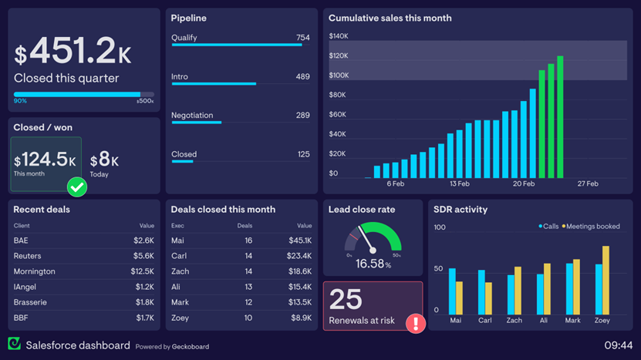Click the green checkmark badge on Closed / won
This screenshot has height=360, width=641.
(x=77, y=187)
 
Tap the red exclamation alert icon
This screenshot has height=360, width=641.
(x=416, y=323)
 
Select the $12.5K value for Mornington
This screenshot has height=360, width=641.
(x=143, y=271)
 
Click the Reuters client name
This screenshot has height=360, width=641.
(x=27, y=256)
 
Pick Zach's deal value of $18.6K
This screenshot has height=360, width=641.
(x=299, y=271)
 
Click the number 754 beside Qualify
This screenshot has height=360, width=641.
(x=302, y=38)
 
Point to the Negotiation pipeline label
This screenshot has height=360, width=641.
(x=192, y=116)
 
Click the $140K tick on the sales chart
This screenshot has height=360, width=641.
(x=339, y=36)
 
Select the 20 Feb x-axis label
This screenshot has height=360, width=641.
(x=523, y=184)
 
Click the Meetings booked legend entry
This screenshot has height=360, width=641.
(x=592, y=227)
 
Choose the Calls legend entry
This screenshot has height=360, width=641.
(x=549, y=227)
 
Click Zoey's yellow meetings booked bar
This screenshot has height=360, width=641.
(x=606, y=280)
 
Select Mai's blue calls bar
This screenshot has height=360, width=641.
(x=452, y=291)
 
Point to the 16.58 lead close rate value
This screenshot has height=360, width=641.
(x=369, y=264)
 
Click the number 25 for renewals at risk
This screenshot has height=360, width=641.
(x=346, y=299)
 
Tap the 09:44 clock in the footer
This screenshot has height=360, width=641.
(x=618, y=345)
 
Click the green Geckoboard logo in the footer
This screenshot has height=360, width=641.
(x=14, y=344)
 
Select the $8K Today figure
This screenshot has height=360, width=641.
(x=104, y=160)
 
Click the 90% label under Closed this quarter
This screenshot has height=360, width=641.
(x=20, y=101)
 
